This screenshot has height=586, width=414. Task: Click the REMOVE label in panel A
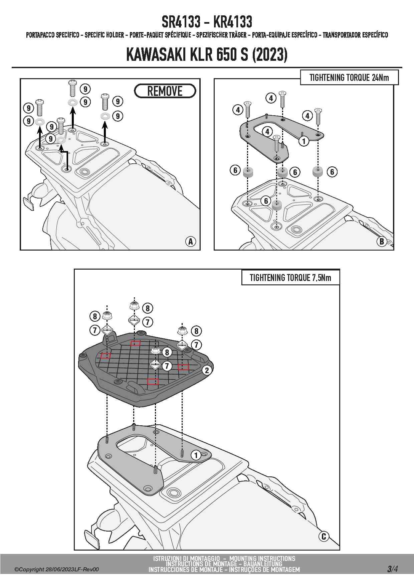(x=165, y=91)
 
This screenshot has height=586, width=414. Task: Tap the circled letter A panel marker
(x=191, y=241)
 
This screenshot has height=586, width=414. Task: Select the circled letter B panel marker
(x=382, y=241)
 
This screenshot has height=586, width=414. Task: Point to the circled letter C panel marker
(x=324, y=536)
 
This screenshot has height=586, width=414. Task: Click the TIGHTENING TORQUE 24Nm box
(x=349, y=78)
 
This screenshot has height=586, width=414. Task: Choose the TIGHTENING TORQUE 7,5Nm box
(x=290, y=278)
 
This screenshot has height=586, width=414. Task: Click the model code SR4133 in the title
(x=181, y=22)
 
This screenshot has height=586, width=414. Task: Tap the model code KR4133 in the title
(x=232, y=22)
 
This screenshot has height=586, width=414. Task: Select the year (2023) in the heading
(x=270, y=54)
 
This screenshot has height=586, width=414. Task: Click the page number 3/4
(x=392, y=569)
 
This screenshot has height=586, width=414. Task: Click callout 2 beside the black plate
(x=207, y=370)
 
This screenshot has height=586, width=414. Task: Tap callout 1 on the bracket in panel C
(x=196, y=455)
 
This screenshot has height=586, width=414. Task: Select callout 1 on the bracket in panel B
(x=303, y=141)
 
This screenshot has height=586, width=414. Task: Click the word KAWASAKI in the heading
(x=157, y=54)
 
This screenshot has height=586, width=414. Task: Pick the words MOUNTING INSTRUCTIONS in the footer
(x=262, y=559)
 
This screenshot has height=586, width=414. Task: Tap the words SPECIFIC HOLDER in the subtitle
(x=104, y=35)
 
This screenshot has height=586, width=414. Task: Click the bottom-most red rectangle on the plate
(x=153, y=382)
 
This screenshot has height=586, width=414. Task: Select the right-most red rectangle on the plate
(x=183, y=367)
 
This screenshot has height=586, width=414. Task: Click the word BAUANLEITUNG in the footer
(x=263, y=564)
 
